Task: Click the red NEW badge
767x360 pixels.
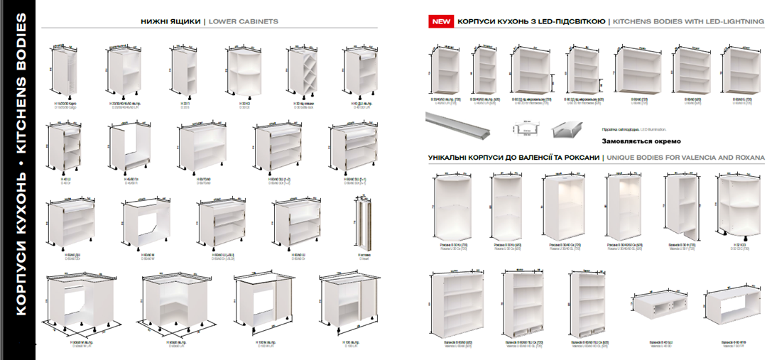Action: click(441, 22)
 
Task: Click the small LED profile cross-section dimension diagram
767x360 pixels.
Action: click(526, 129)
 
